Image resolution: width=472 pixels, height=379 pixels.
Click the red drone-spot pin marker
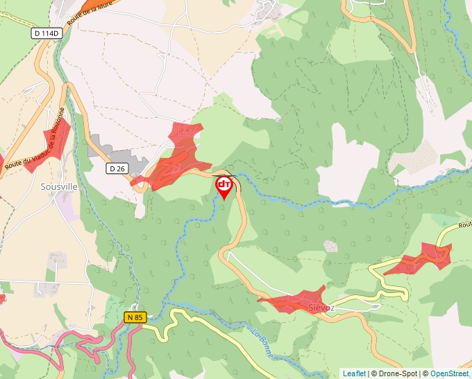pos(224,186)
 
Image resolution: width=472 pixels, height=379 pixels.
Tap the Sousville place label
pos(58,187)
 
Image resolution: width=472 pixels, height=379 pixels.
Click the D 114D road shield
pos(46,33)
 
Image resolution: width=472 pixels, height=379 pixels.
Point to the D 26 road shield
pos(117,168)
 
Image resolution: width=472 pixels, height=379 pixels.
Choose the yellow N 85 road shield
pos(135,317)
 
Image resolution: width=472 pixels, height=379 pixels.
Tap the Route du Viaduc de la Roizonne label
pos(35,139)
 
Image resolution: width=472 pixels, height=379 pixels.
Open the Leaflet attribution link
pos(354,373)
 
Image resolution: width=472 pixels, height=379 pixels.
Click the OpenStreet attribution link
pos(449,373)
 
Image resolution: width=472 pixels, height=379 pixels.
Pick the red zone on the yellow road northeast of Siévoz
pos(419,260)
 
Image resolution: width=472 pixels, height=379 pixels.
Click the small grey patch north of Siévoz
pos(331,246)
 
